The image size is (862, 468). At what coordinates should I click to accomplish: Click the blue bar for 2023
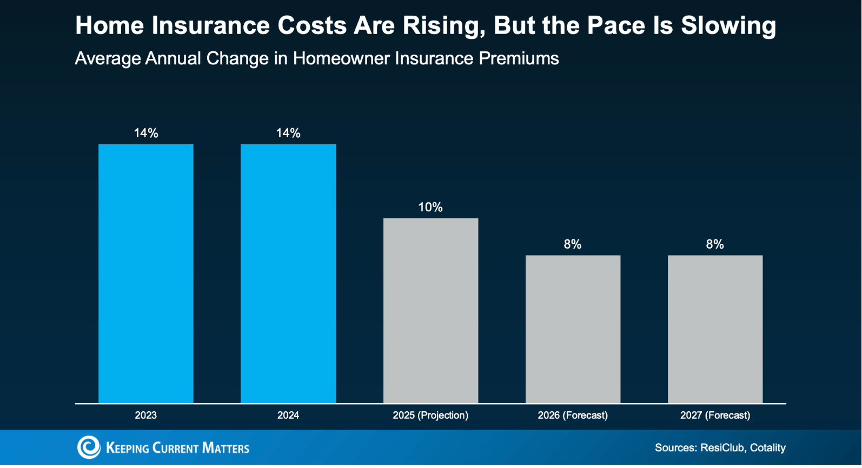146,274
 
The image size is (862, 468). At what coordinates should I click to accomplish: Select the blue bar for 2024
288,274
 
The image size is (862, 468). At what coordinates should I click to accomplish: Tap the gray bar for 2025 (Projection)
430,311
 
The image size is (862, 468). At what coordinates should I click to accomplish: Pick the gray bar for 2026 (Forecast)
573,329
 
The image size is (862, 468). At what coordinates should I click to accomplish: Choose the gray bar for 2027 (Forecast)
715,329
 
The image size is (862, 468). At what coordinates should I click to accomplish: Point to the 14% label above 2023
146,133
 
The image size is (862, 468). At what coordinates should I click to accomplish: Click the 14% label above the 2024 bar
288,133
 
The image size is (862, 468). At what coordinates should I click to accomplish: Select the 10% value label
430,208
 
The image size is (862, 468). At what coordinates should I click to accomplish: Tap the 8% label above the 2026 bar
573,245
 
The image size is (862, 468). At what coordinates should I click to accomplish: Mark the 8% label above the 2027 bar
715,245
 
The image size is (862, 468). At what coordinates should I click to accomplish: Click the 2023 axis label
146,416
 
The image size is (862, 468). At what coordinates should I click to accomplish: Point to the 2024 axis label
288,416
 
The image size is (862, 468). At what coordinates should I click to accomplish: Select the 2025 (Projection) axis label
430,416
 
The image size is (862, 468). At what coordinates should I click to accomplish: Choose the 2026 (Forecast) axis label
573,416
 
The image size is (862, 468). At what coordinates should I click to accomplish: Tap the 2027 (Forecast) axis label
715,416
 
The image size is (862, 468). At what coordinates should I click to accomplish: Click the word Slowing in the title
728,26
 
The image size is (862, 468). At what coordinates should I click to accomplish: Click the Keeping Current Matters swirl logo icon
89,447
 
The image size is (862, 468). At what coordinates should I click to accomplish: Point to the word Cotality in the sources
767,448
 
